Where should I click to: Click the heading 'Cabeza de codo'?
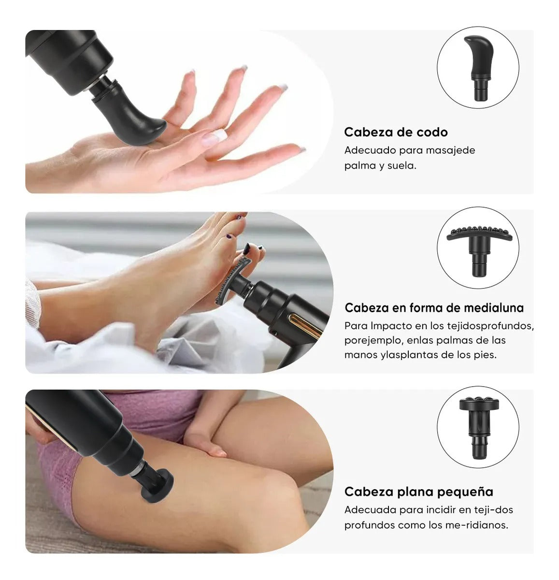coord(396,132)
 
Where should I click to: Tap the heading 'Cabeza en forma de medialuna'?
coord(434,308)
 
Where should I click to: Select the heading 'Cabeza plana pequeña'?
coord(418,492)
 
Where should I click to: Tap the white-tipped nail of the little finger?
coord(301,150)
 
